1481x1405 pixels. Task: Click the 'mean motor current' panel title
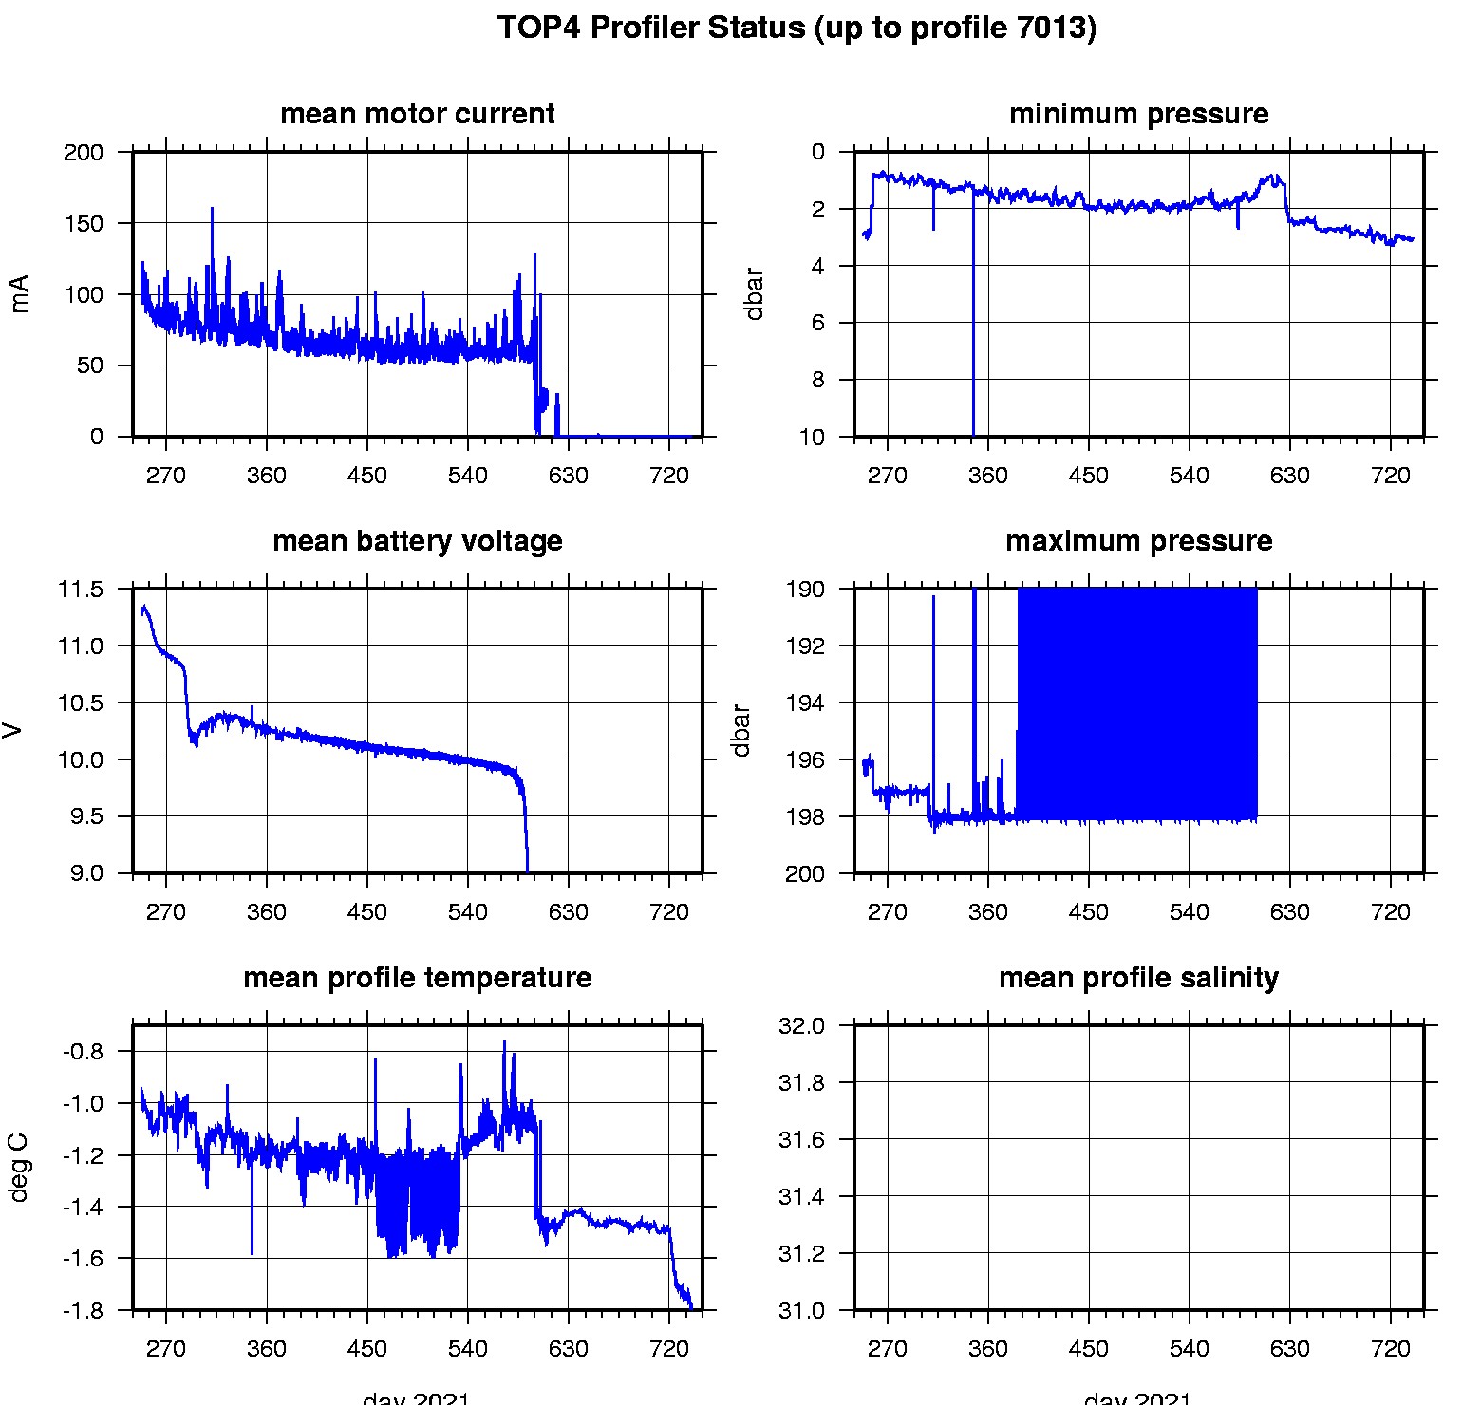pos(417,114)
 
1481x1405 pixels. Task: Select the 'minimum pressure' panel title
pos(1138,114)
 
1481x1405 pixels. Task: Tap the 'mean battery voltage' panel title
pos(417,541)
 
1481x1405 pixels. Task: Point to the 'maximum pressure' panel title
pos(1138,541)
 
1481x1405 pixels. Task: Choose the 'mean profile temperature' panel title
pos(417,978)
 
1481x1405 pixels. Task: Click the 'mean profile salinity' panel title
pos(1138,978)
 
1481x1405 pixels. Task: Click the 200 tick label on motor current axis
pos(84,153)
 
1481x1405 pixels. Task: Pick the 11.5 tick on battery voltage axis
pos(80,590)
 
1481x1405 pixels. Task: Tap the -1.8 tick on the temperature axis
pos(83,1311)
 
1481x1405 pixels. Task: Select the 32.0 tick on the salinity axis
pos(801,1026)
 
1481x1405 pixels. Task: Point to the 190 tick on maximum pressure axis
pos(805,590)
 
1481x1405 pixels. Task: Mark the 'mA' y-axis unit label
pos(19,293)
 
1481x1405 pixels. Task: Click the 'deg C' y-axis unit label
pos(19,1168)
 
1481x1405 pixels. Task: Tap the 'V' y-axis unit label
pos(13,730)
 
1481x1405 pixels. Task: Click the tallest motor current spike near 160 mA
pos(212,210)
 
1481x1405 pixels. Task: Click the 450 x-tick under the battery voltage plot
pos(367,912)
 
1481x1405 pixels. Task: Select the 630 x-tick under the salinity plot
pos(1289,1349)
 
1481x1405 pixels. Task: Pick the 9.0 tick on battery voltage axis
pos(86,874)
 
